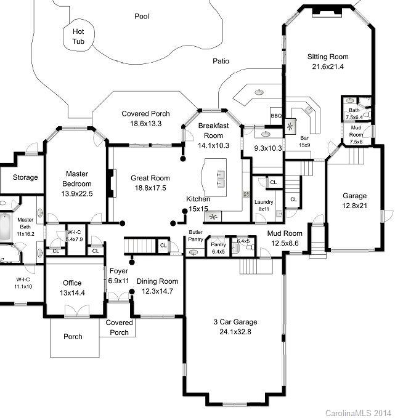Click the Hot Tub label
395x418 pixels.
[x=78, y=36]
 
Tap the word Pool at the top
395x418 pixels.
[x=142, y=17]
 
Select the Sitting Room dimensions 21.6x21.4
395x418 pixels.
[x=328, y=66]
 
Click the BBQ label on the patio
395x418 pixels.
[x=275, y=116]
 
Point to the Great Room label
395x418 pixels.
[x=150, y=183]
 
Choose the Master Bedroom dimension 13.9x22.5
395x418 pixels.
[x=78, y=194]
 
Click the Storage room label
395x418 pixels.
[x=25, y=177]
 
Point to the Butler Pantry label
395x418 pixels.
[x=196, y=235]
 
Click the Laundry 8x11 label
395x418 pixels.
[x=264, y=206]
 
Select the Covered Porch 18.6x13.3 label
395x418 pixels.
[x=145, y=119]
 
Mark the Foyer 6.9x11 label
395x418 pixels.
[x=118, y=276]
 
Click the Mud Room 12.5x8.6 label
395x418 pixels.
[x=284, y=238]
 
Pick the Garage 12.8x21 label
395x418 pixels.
[x=354, y=201]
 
